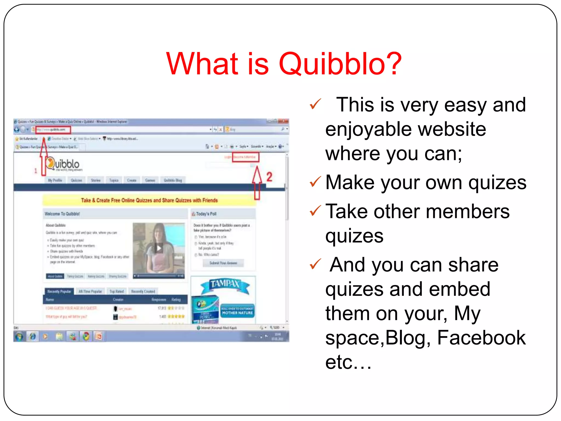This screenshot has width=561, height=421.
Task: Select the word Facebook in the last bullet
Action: tap(481, 338)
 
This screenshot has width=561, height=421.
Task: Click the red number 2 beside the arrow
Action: tap(269, 177)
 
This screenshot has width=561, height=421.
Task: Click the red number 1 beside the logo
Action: tap(36, 171)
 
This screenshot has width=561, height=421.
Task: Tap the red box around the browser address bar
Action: tap(54, 129)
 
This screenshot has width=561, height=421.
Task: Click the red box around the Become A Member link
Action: tap(245, 157)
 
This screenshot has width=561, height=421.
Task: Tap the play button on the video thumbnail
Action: tap(159, 248)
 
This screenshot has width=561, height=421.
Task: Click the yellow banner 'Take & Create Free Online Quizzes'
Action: tap(149, 200)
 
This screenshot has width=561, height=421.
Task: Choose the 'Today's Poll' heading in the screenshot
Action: tap(206, 214)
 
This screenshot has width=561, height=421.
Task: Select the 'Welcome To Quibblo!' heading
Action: tap(62, 214)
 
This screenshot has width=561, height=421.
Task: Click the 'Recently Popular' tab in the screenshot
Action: tap(59, 291)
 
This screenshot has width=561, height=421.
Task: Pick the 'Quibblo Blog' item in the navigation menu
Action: tap(173, 180)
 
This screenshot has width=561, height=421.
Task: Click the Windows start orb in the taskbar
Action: tap(19, 336)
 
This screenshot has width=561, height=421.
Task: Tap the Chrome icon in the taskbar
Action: tap(86, 336)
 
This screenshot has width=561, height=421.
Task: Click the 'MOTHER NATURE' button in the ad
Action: tap(237, 312)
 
